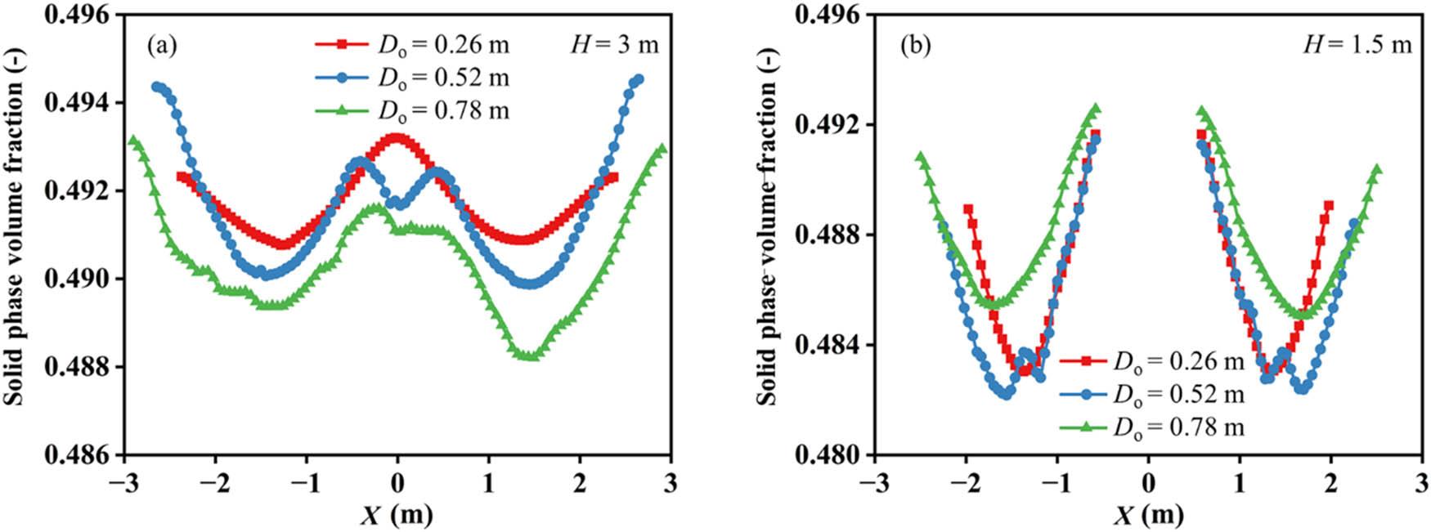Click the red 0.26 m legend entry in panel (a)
point(412,43)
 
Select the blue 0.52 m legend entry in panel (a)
point(412,77)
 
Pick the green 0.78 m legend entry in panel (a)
point(412,110)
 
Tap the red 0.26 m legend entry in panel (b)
point(1152,360)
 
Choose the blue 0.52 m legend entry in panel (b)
point(1152,394)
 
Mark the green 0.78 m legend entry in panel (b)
point(1152,427)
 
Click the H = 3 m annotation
point(614,44)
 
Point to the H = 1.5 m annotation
point(1357,44)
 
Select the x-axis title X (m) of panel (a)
point(397,515)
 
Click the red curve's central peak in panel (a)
point(397,137)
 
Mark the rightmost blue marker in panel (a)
point(639,79)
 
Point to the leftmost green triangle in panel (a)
point(133,140)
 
